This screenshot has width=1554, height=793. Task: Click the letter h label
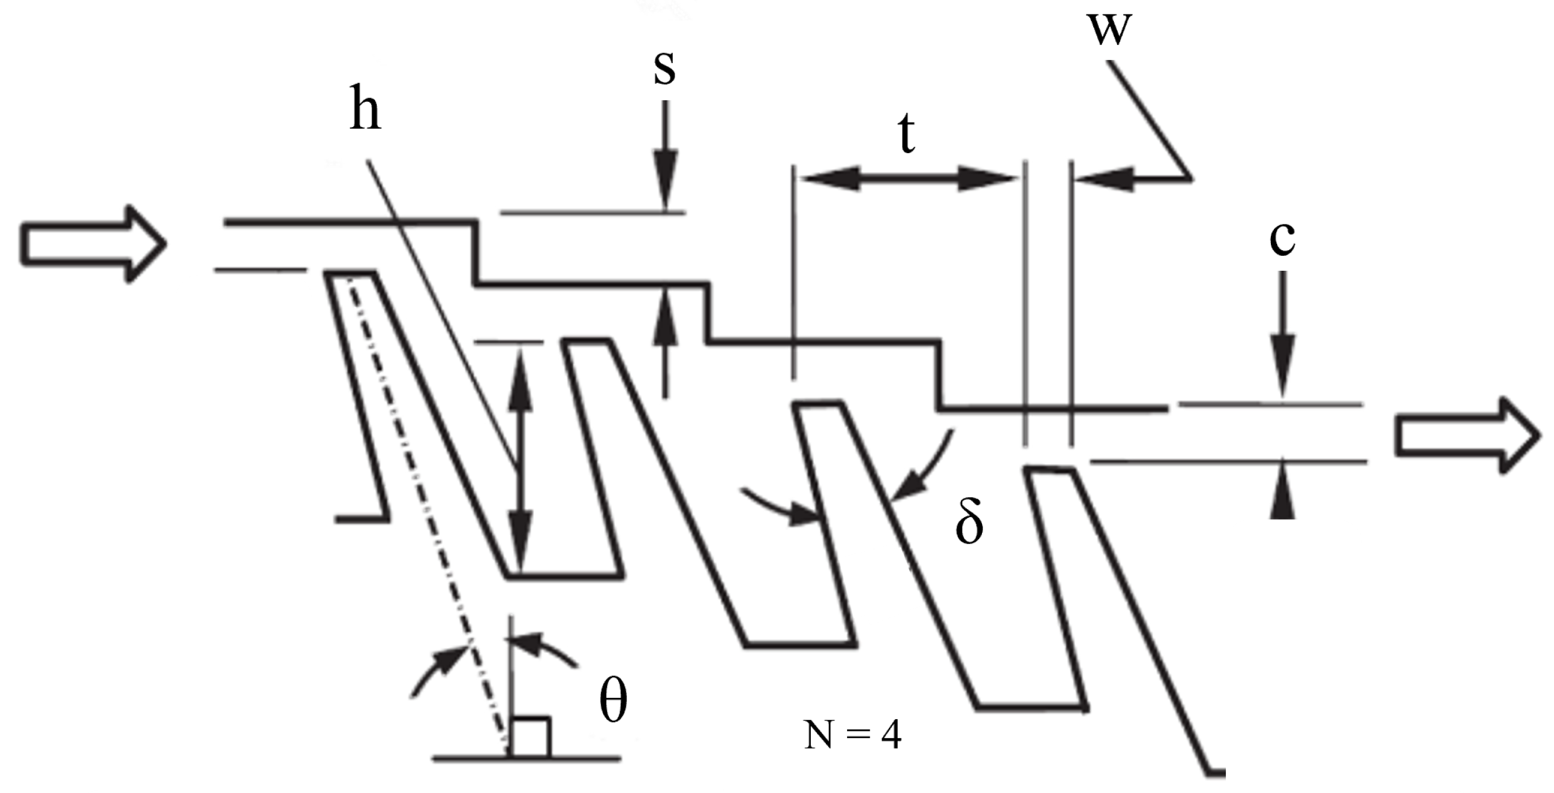pyautogui.click(x=366, y=113)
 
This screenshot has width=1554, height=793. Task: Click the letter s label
pyautogui.click(x=664, y=69)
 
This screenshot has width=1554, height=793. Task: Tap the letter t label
pyautogui.click(x=907, y=135)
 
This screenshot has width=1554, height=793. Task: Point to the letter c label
pyautogui.click(x=1282, y=238)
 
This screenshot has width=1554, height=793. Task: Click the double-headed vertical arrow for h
pyautogui.click(x=519, y=460)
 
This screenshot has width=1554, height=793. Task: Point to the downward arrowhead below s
pyautogui.click(x=666, y=188)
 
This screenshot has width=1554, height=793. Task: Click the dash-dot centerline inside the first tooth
pyautogui.click(x=425, y=500)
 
